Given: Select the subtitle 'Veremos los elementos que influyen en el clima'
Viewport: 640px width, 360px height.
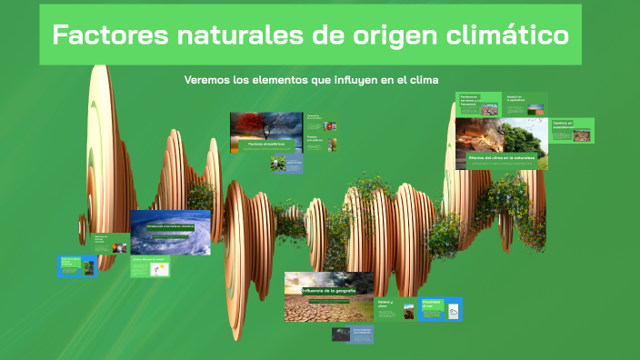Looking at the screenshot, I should [312, 80].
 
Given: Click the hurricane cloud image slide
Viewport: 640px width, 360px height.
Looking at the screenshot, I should [170, 233].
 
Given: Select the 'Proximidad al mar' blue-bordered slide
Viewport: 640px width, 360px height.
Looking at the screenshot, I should [441, 309].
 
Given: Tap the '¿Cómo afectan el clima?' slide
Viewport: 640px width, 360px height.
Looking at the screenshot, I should [149, 265].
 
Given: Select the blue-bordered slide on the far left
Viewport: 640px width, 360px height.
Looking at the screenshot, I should [78, 265].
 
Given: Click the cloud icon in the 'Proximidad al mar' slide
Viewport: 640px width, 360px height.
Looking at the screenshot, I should [453, 313].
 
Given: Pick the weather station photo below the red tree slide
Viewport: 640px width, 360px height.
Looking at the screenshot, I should [279, 164].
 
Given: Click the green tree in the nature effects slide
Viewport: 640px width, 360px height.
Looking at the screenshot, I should [522, 139].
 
